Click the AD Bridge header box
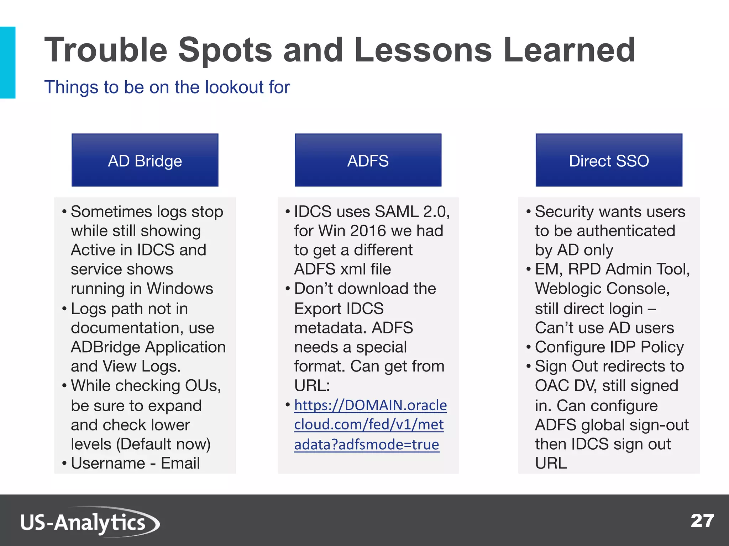click(x=145, y=160)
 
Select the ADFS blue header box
click(x=368, y=160)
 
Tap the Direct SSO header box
click(x=609, y=160)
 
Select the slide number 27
click(x=702, y=521)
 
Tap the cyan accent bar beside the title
click(x=7, y=63)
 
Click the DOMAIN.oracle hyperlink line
click(x=370, y=405)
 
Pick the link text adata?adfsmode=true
click(x=367, y=444)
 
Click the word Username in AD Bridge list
click(x=108, y=463)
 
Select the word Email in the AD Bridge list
click(x=180, y=463)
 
